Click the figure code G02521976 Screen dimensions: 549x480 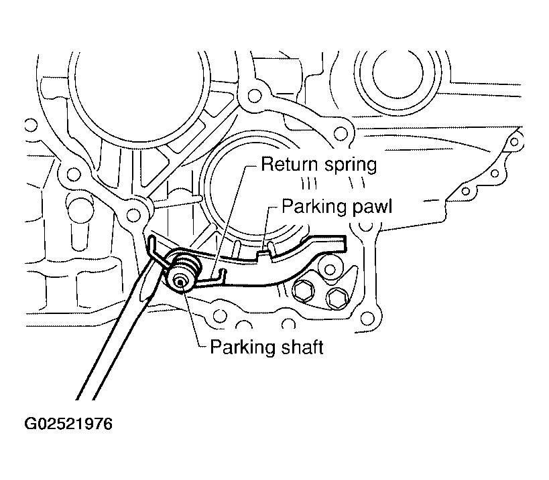click(68, 424)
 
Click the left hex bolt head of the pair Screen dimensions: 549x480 click(304, 289)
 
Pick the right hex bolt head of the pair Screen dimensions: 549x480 click(337, 298)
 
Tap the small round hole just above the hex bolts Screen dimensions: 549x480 click(330, 269)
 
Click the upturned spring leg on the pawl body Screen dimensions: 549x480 click(221, 274)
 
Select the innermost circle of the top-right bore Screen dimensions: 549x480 click(398, 73)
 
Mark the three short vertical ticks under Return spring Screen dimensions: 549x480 click(310, 184)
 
